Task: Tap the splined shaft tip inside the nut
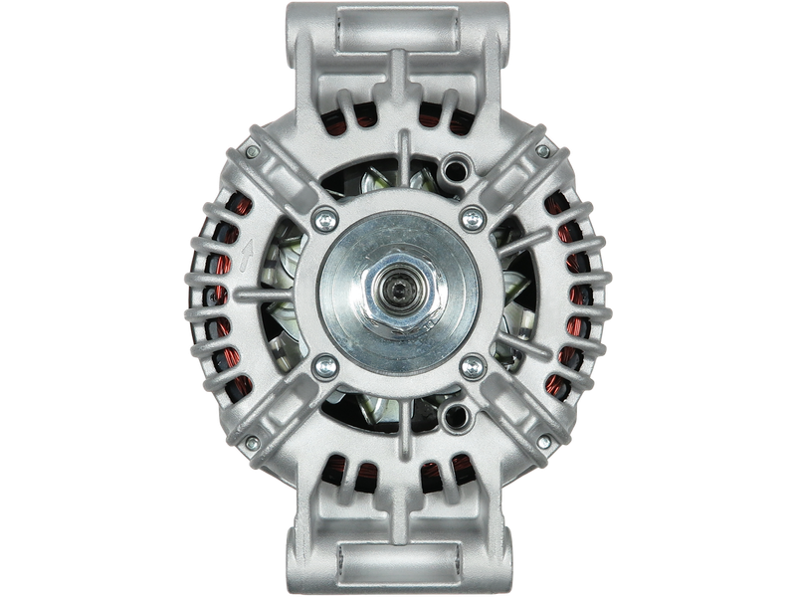tap(398, 296)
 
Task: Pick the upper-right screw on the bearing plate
tap(471, 218)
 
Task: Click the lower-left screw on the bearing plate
tap(322, 368)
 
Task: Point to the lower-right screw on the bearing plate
tap(471, 368)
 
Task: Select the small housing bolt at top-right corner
tap(542, 151)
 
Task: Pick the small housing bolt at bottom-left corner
tap(252, 443)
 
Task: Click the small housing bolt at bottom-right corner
tap(543, 443)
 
